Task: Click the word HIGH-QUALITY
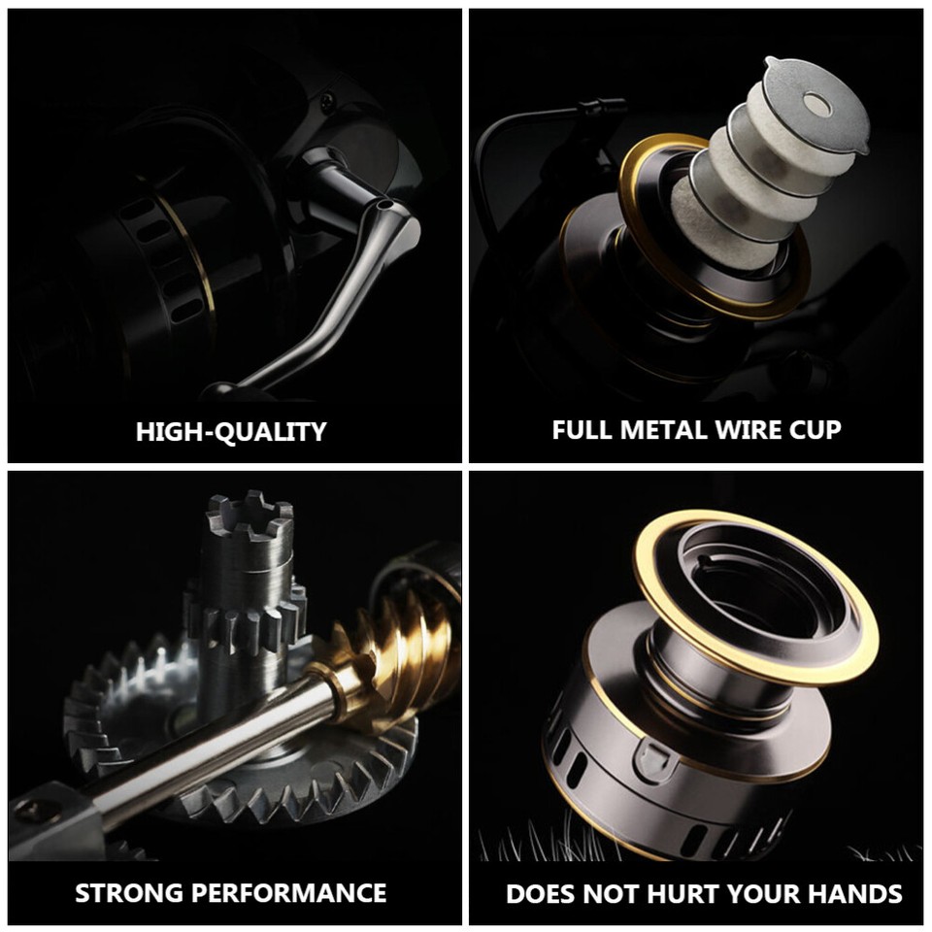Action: click(231, 431)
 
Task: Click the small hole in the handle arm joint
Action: click(385, 206)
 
